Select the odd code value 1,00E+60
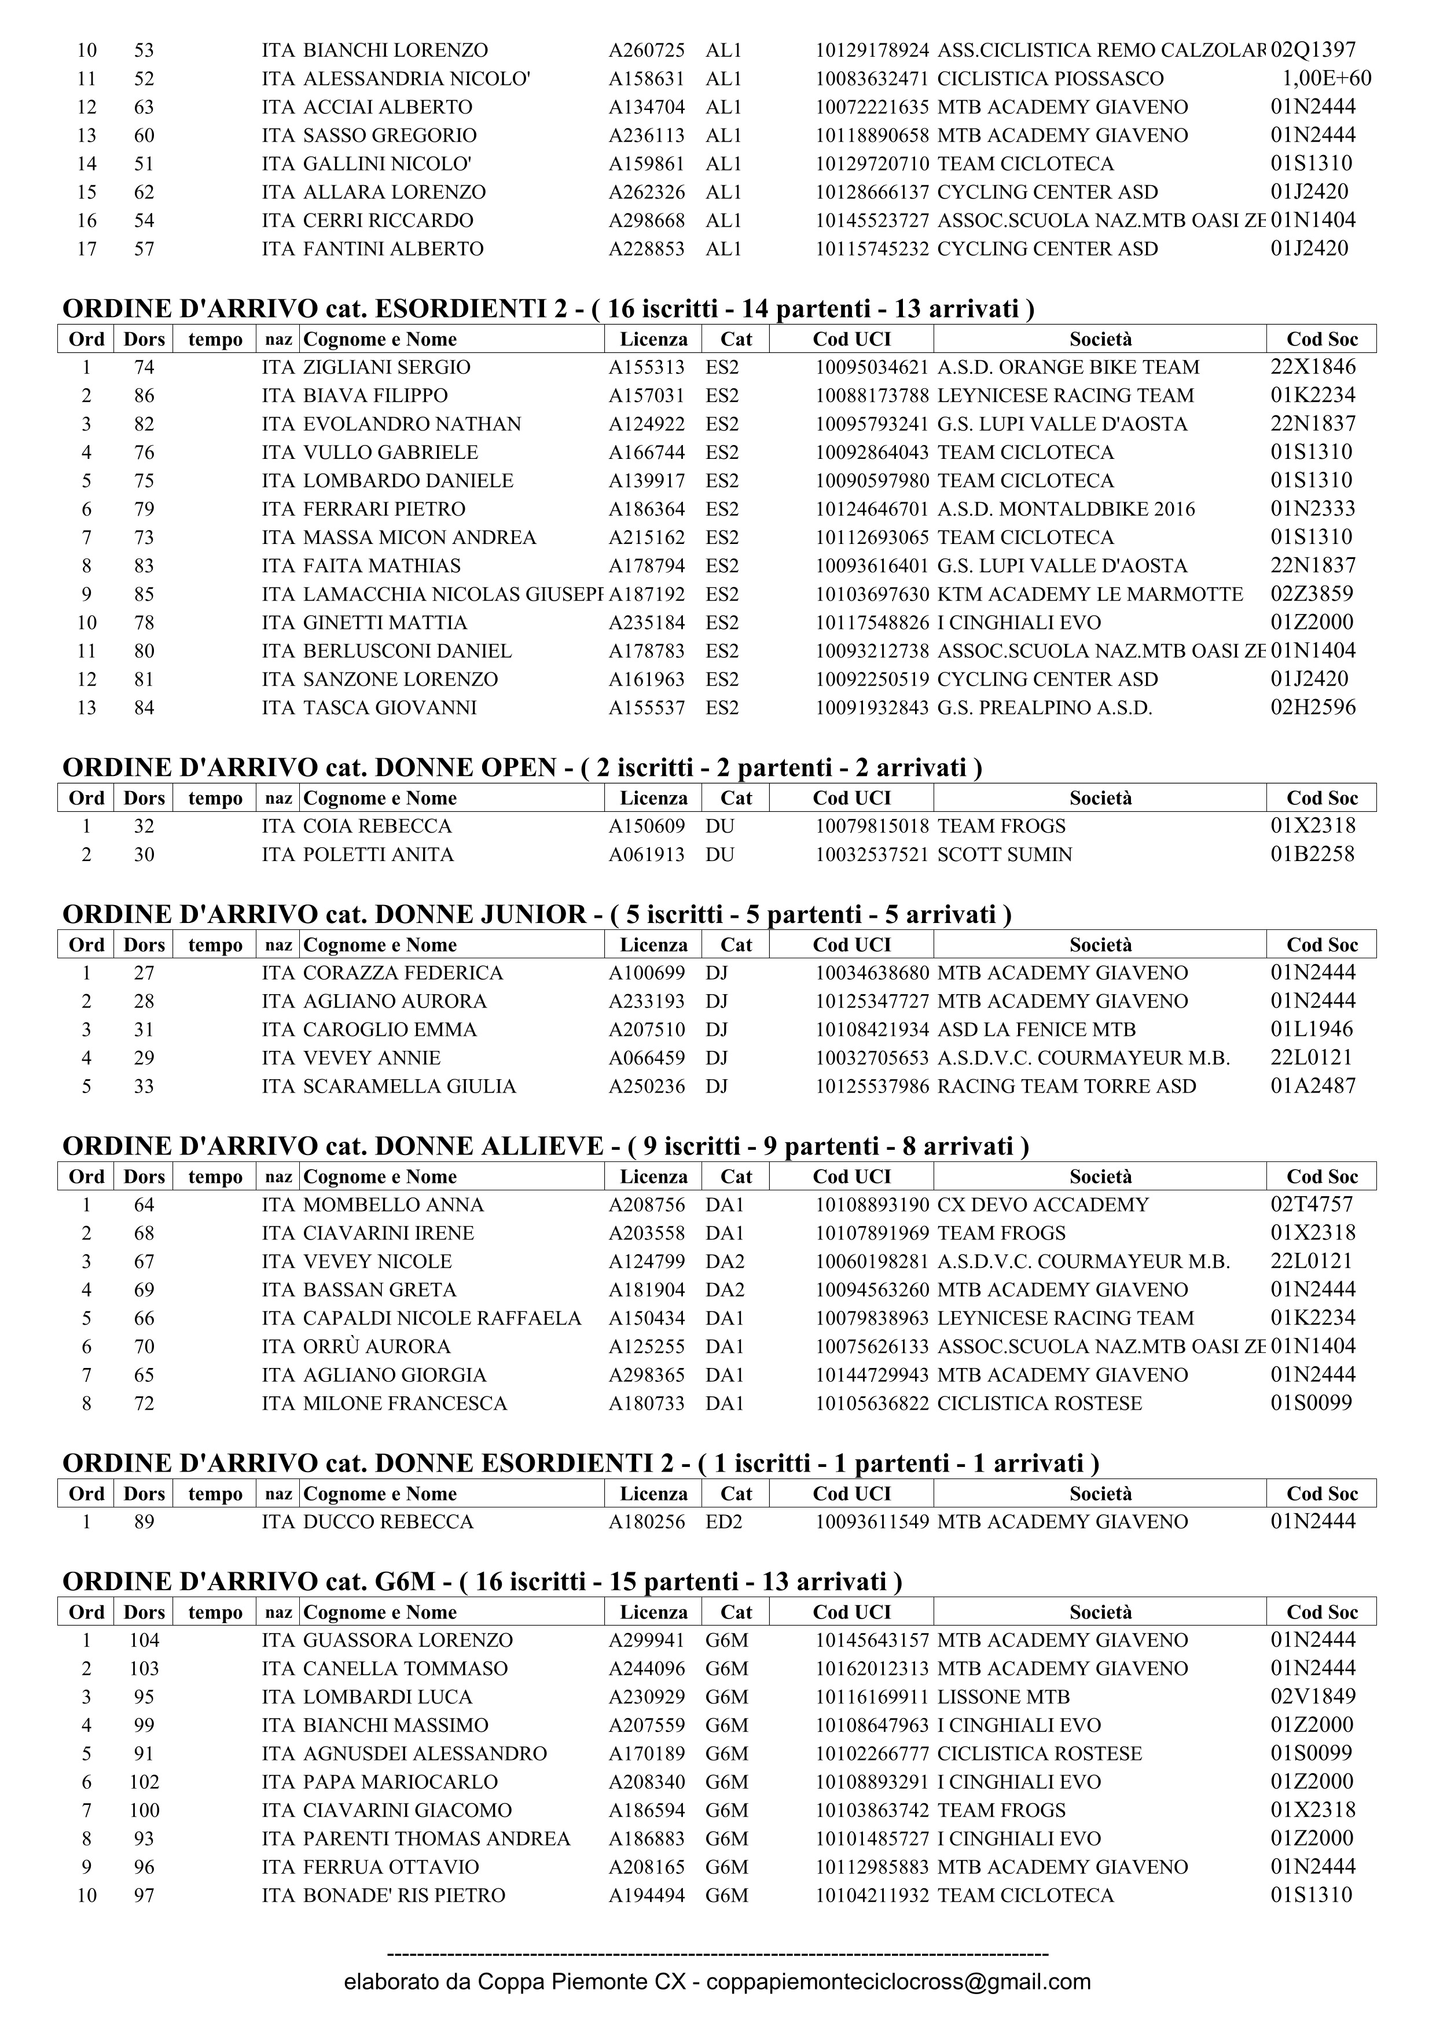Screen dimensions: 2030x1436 point(1327,79)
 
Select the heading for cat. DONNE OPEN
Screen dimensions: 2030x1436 point(521,767)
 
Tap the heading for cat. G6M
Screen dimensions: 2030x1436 point(482,1581)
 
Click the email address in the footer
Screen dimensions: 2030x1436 point(898,1981)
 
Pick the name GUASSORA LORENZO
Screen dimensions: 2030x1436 point(407,1640)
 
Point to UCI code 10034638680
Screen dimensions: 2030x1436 point(872,973)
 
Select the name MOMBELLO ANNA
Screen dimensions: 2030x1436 point(394,1204)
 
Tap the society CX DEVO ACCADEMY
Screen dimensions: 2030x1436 point(1042,1204)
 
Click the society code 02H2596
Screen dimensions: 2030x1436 point(1313,707)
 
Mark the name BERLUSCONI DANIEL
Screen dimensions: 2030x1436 point(407,651)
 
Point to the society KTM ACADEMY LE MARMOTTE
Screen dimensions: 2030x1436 point(1089,594)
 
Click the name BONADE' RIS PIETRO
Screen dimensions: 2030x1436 point(404,1895)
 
